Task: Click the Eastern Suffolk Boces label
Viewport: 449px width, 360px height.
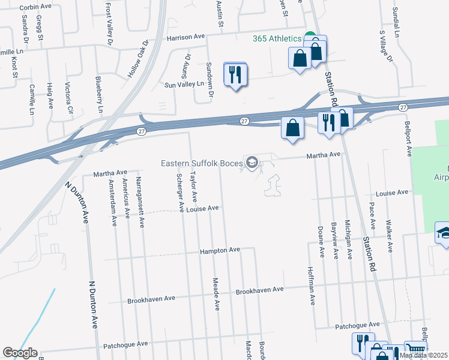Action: pos(200,163)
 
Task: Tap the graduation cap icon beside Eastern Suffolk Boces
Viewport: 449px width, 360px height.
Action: pos(252,163)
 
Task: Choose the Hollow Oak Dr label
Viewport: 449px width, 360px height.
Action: pos(137,59)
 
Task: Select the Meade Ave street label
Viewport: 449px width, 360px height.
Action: pos(216,293)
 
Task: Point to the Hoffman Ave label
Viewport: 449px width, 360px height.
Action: pos(311,286)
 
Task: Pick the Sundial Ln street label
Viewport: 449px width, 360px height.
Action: pos(397,23)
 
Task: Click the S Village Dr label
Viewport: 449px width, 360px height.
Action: pos(385,47)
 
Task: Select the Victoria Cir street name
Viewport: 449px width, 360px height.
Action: pos(68,98)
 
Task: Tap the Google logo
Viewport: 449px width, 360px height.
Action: pos(19,353)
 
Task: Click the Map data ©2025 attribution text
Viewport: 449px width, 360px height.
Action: pos(423,355)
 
